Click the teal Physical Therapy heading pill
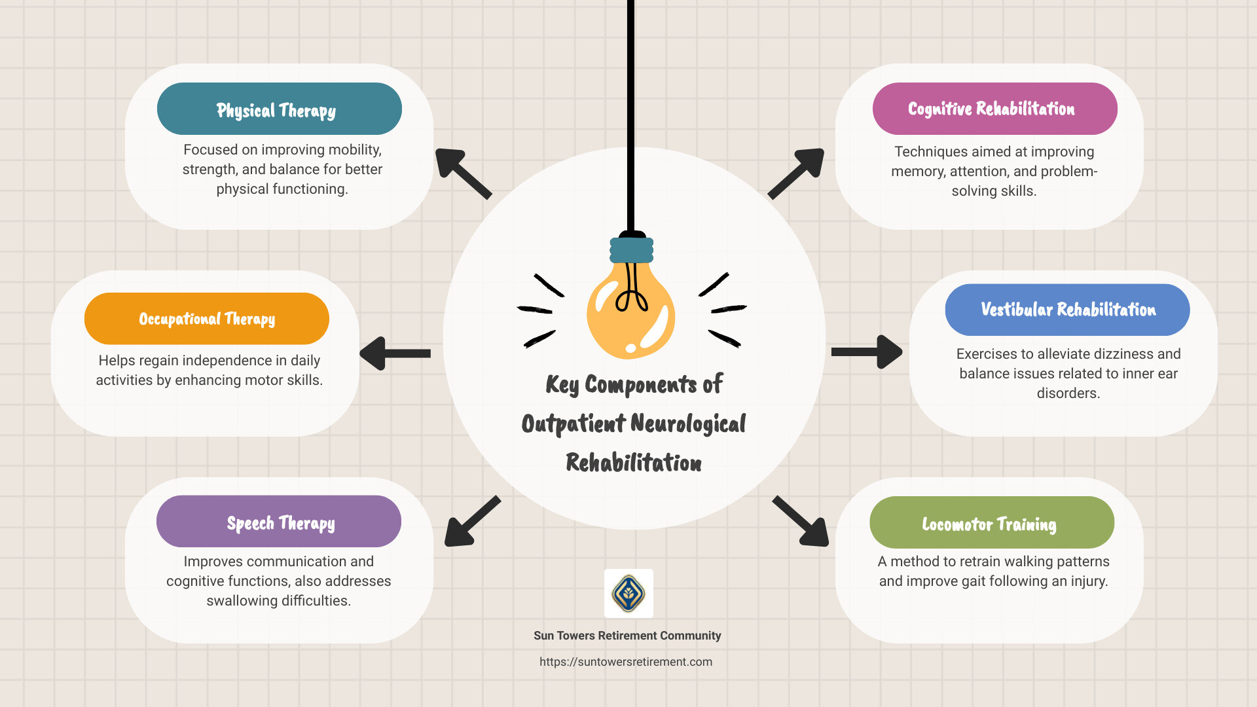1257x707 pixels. tap(279, 109)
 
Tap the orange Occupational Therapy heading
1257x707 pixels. tap(206, 319)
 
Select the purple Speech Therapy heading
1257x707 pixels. tap(279, 522)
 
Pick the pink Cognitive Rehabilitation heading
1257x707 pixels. tap(994, 109)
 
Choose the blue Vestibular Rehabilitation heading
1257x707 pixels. tap(1066, 310)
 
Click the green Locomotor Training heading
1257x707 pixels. tap(991, 523)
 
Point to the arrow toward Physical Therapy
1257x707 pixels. tap(462, 173)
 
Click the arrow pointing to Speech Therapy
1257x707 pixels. tap(471, 522)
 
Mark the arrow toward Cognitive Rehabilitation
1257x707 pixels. tap(797, 173)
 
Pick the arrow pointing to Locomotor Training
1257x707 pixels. tap(801, 522)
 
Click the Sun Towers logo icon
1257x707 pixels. tap(628, 593)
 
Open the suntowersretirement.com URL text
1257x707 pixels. tap(626, 662)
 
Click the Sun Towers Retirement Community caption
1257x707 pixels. tap(627, 636)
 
